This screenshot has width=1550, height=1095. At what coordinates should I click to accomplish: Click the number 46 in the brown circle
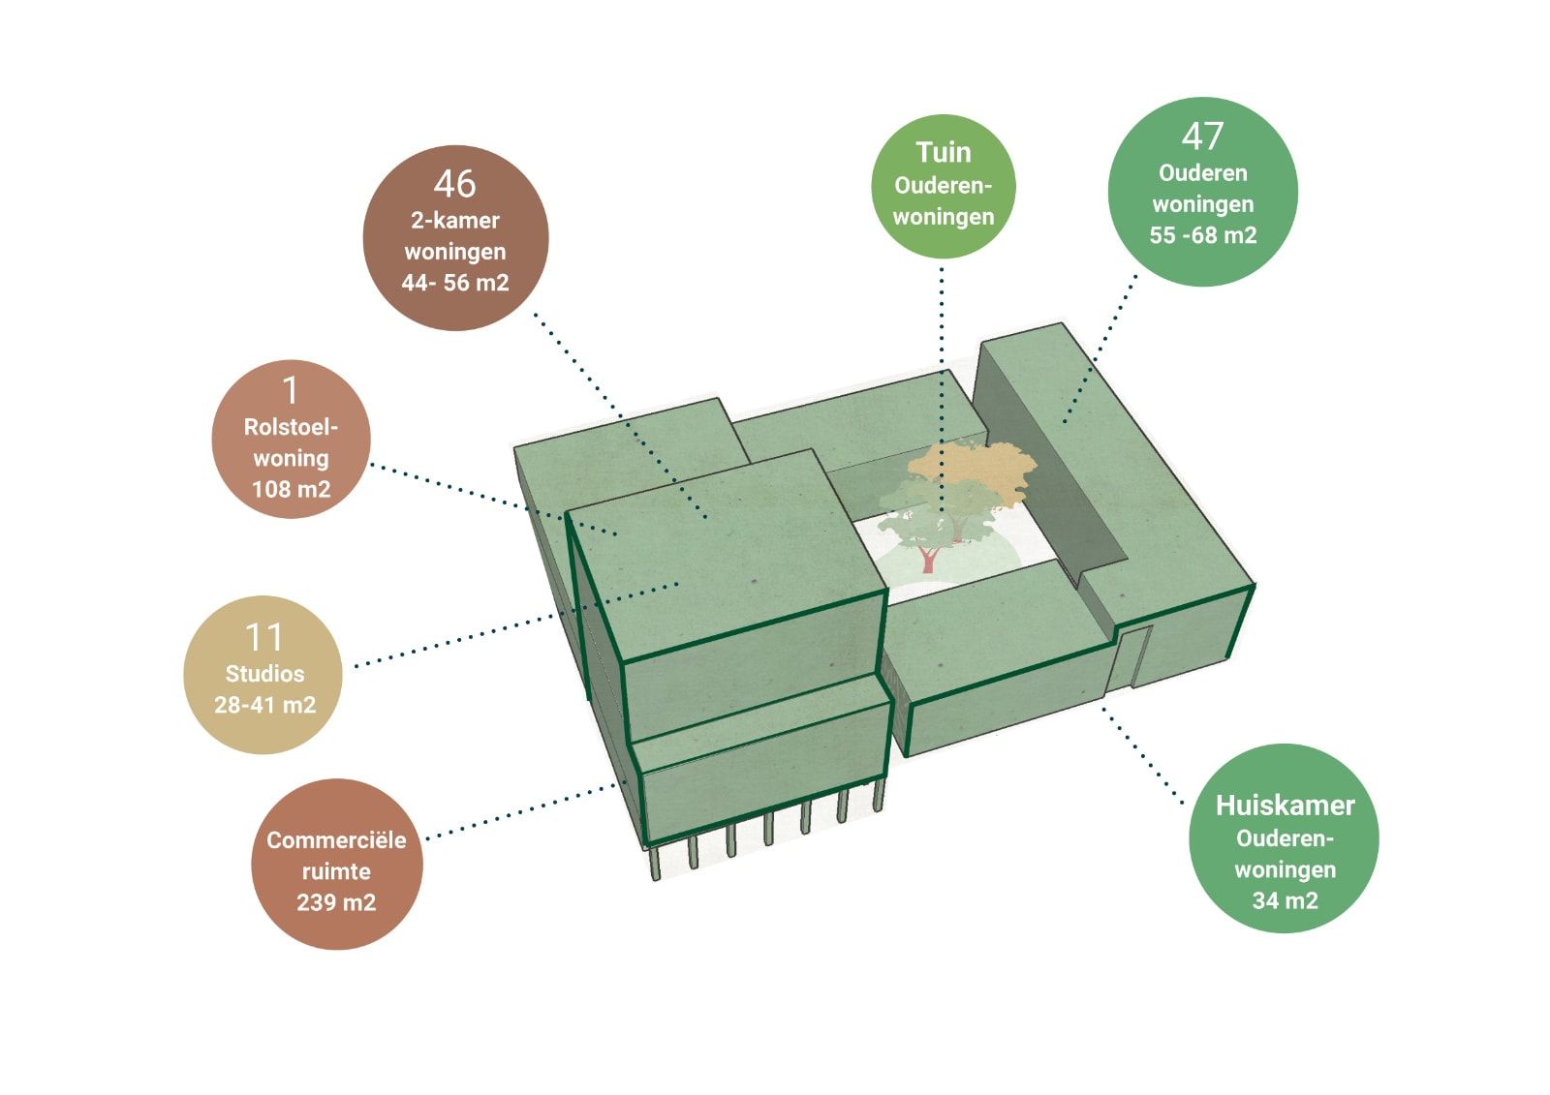454,184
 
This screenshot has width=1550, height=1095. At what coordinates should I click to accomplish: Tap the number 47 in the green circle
1202,137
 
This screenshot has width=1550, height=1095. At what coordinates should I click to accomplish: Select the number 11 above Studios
263,638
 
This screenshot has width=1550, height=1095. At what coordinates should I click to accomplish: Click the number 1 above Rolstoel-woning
291,391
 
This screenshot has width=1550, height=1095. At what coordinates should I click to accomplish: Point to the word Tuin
943,153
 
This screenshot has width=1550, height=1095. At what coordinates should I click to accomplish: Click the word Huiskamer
1285,806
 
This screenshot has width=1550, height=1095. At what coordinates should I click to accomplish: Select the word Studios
264,674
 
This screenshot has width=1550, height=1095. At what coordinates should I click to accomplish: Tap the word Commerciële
336,840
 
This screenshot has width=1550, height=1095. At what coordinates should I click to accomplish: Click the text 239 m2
336,902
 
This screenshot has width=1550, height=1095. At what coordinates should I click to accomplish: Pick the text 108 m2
291,489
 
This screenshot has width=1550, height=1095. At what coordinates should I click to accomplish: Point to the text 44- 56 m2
455,283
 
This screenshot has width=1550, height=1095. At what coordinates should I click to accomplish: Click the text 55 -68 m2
1202,235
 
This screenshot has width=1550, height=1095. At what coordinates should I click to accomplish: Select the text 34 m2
1285,900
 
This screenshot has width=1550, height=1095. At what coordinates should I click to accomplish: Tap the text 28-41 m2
264,705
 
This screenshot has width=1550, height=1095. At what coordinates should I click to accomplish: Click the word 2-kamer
455,221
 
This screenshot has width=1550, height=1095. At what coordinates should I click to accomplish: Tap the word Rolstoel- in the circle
291,427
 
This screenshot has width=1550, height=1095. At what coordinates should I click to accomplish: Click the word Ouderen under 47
1202,173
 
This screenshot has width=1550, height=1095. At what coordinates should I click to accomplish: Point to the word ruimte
336,871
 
